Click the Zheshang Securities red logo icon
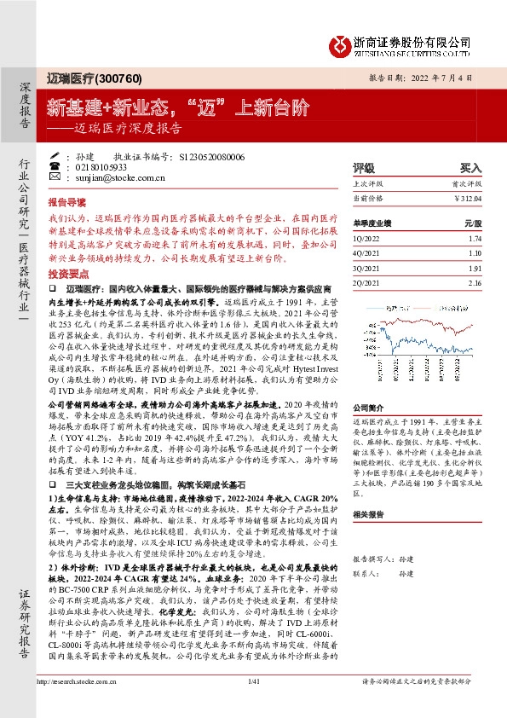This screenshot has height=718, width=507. point(343,42)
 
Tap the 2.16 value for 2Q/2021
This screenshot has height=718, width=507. point(475,282)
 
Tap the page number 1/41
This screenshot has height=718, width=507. point(252,704)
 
